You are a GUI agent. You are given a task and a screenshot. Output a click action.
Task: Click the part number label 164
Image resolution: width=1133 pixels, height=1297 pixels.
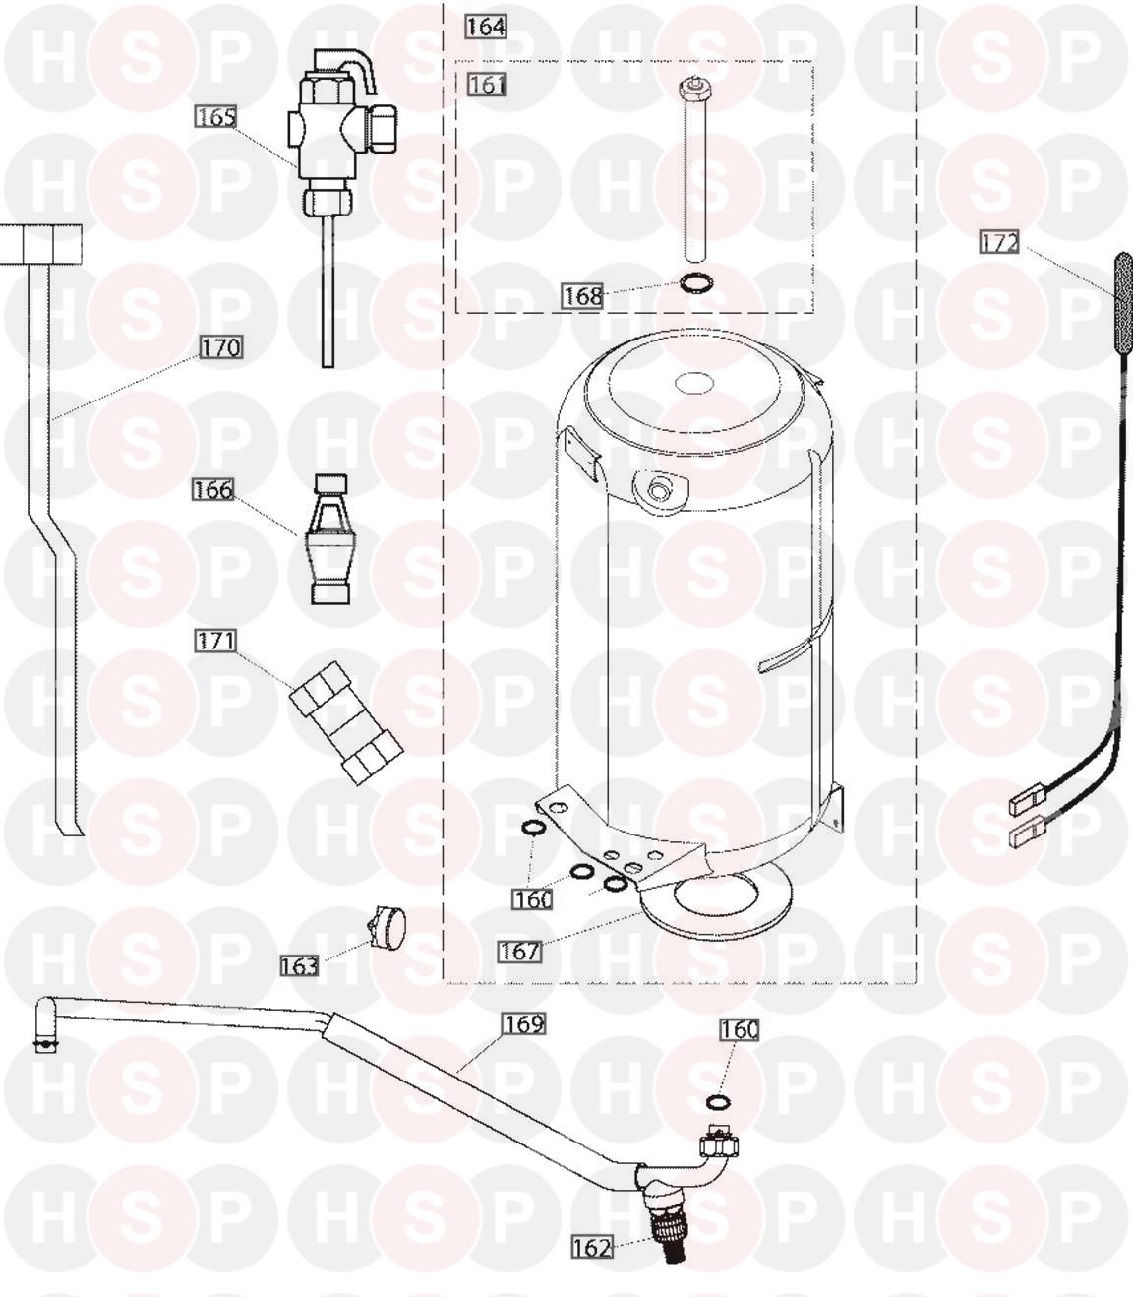[x=486, y=27]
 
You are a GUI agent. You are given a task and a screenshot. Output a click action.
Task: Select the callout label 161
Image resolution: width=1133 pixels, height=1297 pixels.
[x=487, y=85]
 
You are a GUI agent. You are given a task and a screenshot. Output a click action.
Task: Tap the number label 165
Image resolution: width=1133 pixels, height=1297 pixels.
[x=215, y=117]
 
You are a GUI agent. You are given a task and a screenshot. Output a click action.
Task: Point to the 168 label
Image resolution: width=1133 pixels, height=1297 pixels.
[x=582, y=296]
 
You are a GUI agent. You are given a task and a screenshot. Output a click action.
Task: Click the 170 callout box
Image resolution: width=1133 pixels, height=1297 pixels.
[x=221, y=347]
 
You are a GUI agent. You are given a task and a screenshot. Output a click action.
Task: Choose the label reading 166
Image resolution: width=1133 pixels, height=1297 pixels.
[x=213, y=489]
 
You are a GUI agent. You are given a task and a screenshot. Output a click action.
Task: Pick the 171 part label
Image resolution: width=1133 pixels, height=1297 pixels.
[x=215, y=641]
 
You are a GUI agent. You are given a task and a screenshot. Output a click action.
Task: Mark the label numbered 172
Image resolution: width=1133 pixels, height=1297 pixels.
[x=998, y=242]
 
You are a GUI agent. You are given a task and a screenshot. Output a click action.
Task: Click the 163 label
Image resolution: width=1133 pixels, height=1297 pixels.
[x=299, y=965]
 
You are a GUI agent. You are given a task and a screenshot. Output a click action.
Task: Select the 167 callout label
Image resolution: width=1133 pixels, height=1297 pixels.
[x=520, y=951]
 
